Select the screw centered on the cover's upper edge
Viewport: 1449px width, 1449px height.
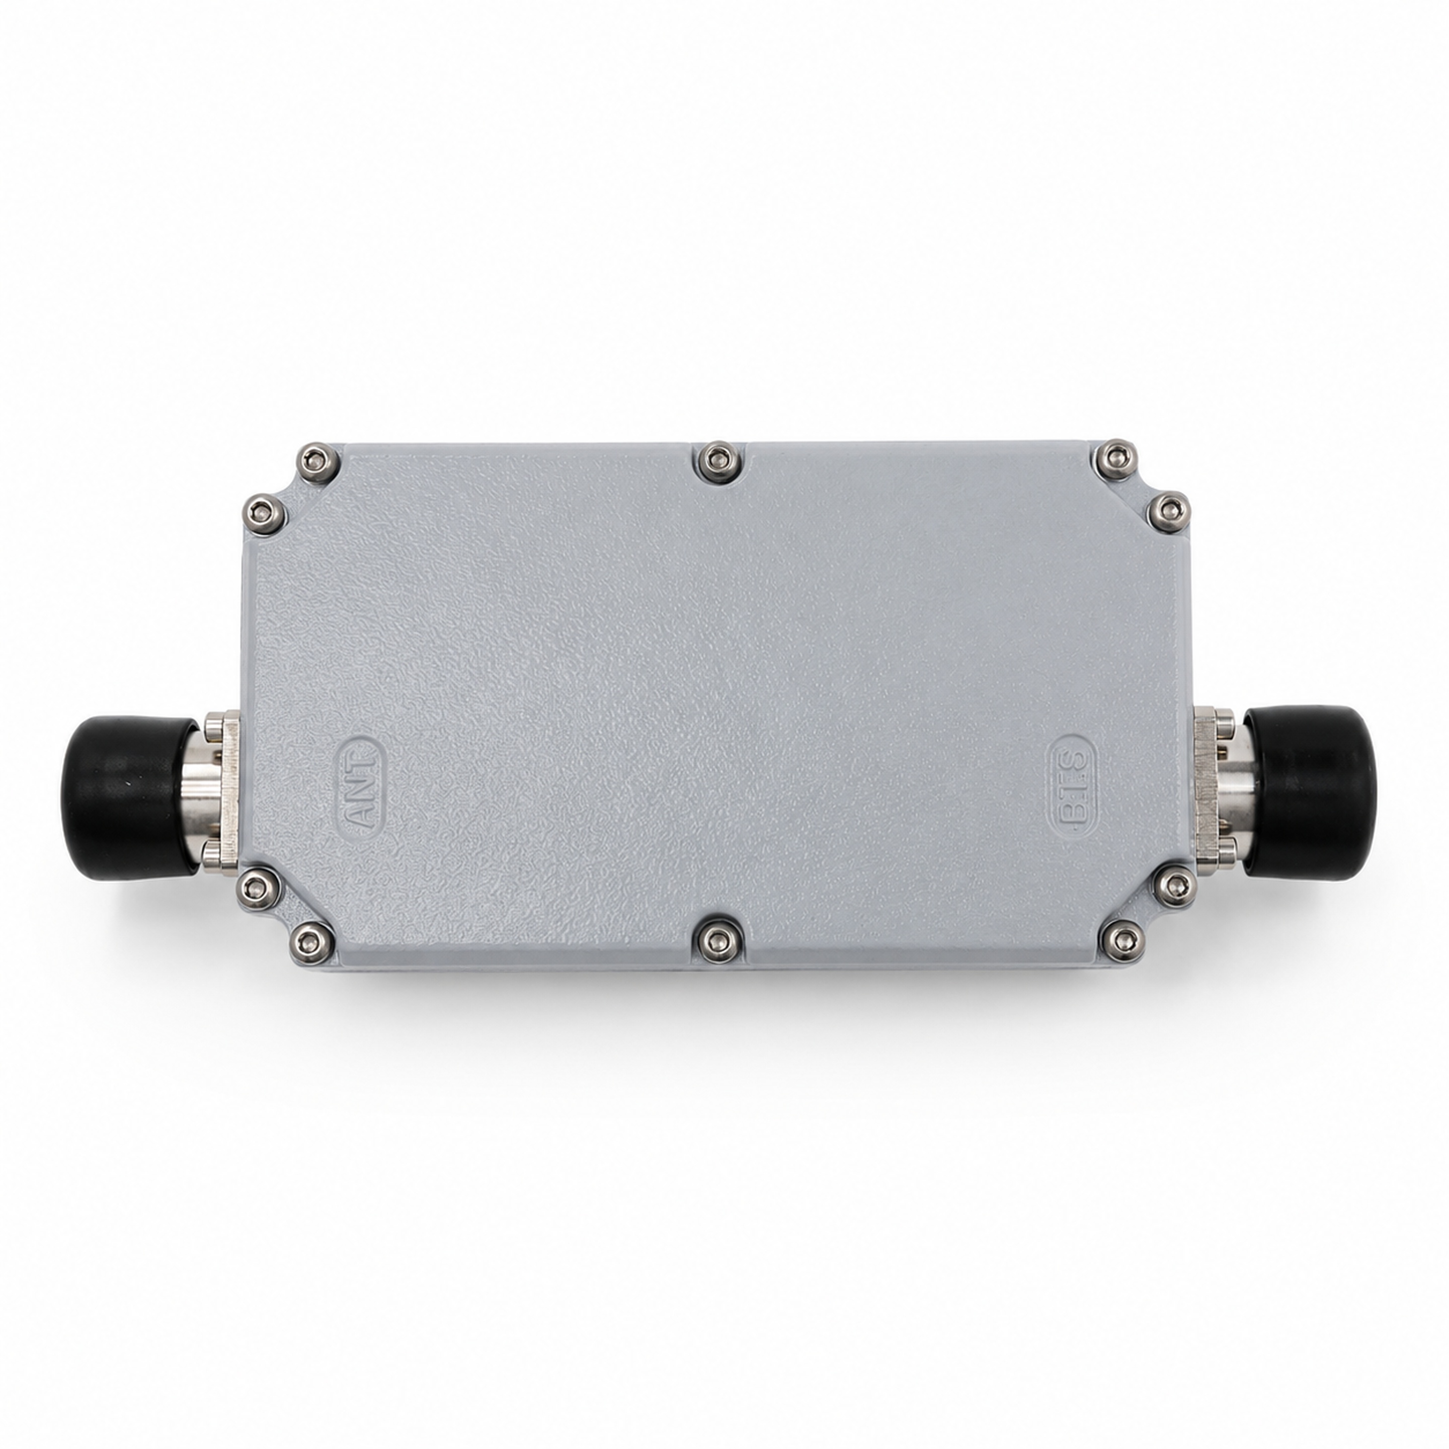[x=718, y=460]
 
